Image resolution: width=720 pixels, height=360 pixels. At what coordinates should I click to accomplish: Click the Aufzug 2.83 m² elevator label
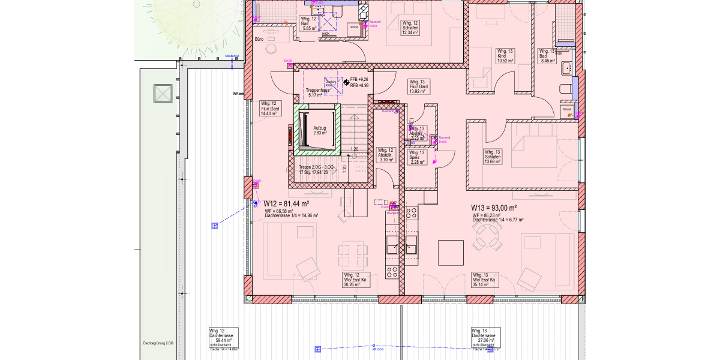click(320, 130)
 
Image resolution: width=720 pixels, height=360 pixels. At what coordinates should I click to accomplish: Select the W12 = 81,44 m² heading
click(286, 204)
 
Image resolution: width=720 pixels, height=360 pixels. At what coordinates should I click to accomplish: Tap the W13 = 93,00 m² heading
click(494, 208)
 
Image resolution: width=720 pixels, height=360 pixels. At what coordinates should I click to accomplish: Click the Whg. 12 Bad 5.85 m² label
click(310, 23)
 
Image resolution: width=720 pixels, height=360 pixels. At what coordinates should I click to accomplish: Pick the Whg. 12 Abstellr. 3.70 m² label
click(386, 155)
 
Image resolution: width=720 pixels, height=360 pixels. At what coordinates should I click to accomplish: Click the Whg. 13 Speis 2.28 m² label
click(417, 157)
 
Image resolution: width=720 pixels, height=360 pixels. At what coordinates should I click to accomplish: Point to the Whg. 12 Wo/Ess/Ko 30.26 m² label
click(355, 280)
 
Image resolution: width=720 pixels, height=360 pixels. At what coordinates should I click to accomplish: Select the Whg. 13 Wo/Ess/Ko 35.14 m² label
click(485, 280)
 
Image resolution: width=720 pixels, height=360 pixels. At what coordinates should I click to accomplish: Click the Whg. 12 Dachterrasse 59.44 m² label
click(223, 338)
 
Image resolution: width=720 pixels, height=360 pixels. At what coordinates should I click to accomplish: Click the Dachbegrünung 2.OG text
click(157, 343)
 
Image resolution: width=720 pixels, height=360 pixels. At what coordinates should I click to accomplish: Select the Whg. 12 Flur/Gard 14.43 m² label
click(269, 109)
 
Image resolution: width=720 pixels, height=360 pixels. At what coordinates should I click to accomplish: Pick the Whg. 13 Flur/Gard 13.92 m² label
click(419, 86)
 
